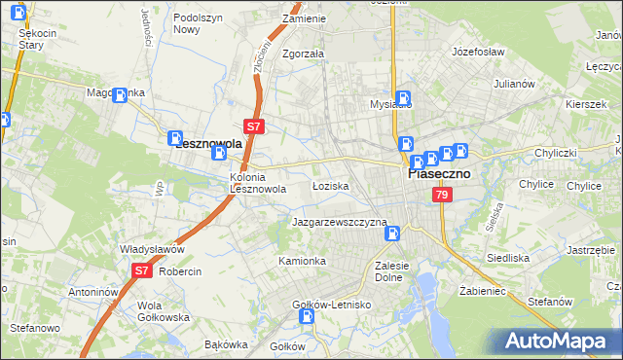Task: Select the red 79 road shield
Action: [x=442, y=196]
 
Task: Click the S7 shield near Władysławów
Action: [x=142, y=271]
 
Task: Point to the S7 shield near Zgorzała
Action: [x=253, y=126]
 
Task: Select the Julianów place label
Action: [x=515, y=84]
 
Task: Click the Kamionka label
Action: [x=302, y=261]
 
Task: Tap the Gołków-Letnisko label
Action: [x=333, y=305]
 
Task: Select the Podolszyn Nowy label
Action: [x=200, y=23]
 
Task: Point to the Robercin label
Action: [x=180, y=271]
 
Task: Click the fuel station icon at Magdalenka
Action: [x=121, y=95]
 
